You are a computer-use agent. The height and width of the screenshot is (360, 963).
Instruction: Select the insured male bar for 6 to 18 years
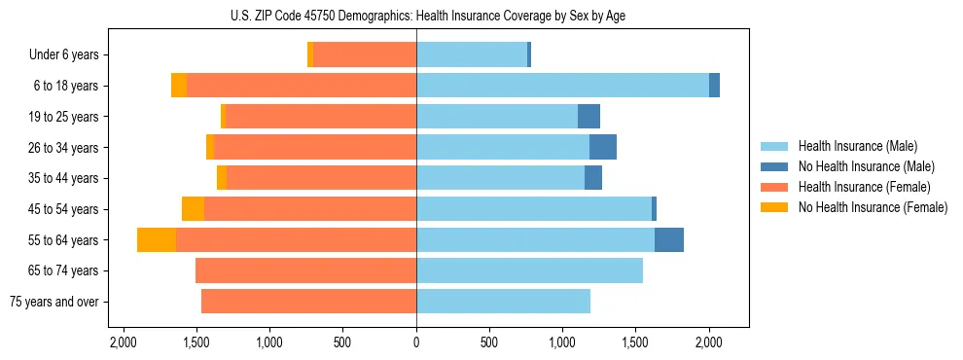[562, 86]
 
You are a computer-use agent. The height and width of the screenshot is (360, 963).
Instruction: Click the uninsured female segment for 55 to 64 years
[157, 240]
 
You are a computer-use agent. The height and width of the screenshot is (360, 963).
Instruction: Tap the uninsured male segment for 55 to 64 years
[669, 240]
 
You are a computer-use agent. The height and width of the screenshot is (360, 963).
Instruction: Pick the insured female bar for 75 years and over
[308, 302]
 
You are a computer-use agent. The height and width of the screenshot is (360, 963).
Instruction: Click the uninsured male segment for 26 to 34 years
[603, 148]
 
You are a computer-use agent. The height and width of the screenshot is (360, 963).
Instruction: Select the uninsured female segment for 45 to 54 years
[193, 209]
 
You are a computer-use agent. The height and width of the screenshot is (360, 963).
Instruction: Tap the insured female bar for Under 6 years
[365, 54]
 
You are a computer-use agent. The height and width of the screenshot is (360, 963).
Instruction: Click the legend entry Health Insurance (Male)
[857, 146]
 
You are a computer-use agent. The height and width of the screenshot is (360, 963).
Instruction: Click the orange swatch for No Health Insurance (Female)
[774, 207]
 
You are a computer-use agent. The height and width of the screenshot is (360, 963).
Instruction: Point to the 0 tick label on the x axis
[416, 342]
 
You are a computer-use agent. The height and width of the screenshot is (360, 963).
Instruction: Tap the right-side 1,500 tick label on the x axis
[635, 342]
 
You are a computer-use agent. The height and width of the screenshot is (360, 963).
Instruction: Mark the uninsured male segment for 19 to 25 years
[588, 117]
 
